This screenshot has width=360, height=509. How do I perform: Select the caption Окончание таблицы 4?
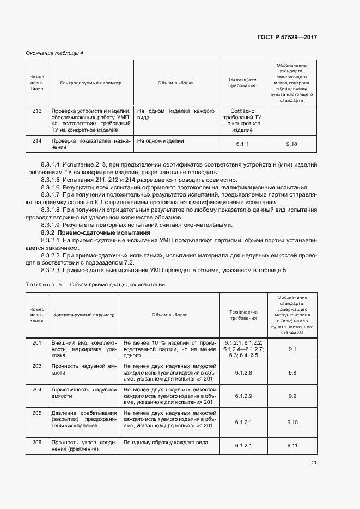54,53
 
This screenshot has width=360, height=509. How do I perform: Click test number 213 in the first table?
37,111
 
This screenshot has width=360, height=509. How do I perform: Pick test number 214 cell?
37,141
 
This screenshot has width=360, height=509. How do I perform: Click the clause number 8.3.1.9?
51,225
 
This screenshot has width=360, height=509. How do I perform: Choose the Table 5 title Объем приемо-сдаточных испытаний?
118,284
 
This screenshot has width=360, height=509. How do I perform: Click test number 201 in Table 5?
37,342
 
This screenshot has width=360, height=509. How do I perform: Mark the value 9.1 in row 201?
291,349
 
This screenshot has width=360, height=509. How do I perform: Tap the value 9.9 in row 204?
291,397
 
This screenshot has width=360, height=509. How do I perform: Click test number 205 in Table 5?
37,413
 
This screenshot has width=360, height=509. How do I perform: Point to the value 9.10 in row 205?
291,422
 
